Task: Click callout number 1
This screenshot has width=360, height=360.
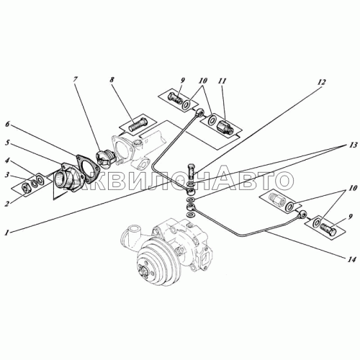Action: click(8, 232)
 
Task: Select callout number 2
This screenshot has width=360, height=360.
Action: click(7, 204)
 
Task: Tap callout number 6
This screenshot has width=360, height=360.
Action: click(7, 125)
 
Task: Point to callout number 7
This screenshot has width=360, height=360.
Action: click(75, 80)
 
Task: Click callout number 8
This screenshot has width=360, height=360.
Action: click(112, 80)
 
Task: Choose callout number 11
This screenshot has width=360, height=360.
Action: click(222, 81)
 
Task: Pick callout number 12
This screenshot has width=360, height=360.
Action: click(321, 83)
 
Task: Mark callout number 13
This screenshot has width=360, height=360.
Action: click(354, 145)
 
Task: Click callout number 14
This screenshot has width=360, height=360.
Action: click(351, 260)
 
